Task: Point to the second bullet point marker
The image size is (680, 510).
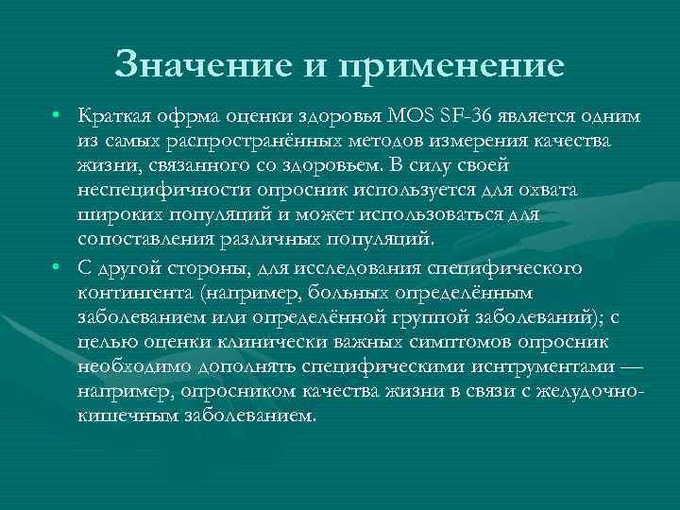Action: [x=58, y=268]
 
